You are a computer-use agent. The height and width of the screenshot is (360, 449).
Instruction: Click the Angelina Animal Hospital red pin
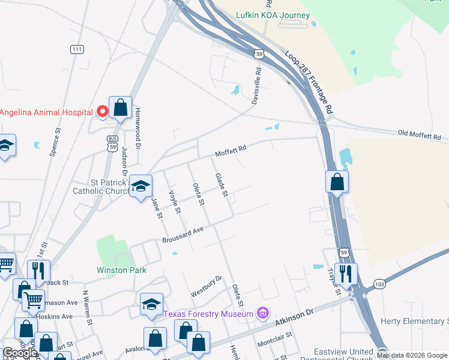point(102,111)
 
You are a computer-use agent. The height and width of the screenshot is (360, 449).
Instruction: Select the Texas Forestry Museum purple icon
point(262,313)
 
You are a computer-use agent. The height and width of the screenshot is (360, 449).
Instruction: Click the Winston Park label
point(121,270)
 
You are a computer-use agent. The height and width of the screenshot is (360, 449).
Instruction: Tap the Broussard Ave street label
point(183,235)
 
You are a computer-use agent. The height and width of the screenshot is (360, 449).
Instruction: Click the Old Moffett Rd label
point(420,134)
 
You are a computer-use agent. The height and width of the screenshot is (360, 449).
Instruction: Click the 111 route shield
point(76,49)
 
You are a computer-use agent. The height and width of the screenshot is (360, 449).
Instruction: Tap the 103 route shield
point(379,283)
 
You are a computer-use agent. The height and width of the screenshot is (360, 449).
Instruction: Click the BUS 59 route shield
point(112,143)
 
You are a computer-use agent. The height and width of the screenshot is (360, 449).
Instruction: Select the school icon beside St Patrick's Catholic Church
point(140,186)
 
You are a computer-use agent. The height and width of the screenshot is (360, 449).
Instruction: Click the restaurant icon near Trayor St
point(346,274)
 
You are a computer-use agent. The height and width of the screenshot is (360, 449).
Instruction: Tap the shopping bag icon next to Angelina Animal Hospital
point(120,109)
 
